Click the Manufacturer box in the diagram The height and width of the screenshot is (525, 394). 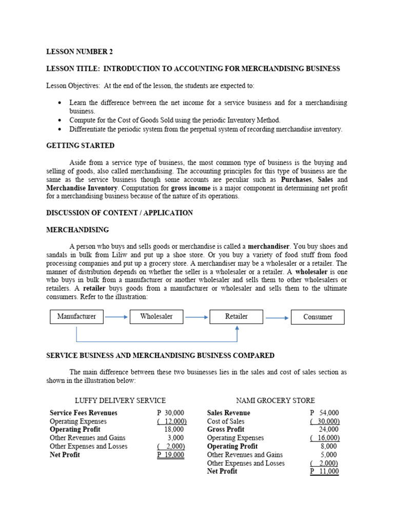point(76,317)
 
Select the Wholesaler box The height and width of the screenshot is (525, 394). point(156,317)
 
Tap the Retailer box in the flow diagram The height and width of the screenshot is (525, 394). point(236,317)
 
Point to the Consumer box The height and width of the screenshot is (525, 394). point(318,317)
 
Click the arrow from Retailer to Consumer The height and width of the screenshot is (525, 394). point(277,318)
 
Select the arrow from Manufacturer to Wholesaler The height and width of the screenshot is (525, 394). point(116,317)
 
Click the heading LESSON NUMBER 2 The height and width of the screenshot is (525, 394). point(80,52)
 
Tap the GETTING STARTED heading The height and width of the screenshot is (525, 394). point(81,146)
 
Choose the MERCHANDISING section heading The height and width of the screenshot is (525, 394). point(77,230)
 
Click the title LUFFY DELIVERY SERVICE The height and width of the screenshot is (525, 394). point(121,400)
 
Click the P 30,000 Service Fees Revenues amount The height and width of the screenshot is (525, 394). point(171,413)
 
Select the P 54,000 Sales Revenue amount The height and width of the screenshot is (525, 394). point(325,413)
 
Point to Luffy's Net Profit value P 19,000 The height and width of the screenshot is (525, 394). point(171,455)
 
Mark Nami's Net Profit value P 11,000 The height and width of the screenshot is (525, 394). point(325,472)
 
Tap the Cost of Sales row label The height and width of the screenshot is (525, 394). point(226,421)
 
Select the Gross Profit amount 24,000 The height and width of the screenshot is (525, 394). point(328,430)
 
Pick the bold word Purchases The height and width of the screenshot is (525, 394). point(297,180)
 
